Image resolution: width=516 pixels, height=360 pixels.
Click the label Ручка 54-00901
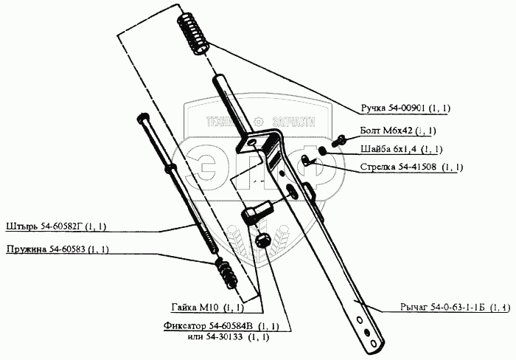[x=405, y=108]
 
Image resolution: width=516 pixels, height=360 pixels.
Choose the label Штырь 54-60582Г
[x=57, y=226]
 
